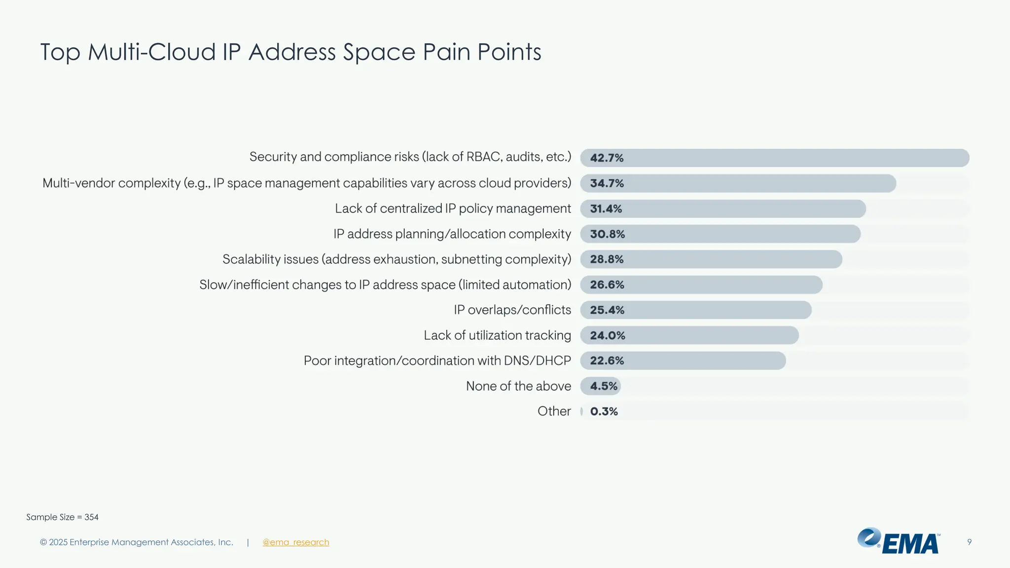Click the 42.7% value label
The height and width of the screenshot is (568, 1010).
coord(607,158)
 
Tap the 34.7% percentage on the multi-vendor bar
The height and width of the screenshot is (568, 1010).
coord(607,183)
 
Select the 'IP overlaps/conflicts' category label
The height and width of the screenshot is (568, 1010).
coord(512,310)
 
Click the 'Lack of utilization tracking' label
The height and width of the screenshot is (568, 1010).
coord(497,335)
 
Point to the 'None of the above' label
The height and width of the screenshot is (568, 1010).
coord(518,386)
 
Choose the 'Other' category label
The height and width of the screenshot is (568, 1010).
coord(554,411)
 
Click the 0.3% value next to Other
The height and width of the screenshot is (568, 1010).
coord(604,411)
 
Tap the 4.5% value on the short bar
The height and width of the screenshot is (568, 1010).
coord(604,386)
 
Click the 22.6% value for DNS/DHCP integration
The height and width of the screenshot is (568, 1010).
coord(607,361)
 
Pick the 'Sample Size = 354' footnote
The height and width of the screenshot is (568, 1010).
coord(62,517)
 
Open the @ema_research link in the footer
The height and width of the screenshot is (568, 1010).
coord(295,542)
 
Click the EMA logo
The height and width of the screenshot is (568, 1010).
coord(899,541)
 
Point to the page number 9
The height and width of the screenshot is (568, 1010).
coord(969,542)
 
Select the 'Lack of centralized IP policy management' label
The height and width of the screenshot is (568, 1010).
coord(452,209)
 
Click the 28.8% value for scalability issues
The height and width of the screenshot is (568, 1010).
coord(607,259)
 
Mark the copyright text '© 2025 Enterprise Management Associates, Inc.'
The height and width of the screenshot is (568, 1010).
coord(137,542)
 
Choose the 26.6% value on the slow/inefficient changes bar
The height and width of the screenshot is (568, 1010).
coord(607,285)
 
